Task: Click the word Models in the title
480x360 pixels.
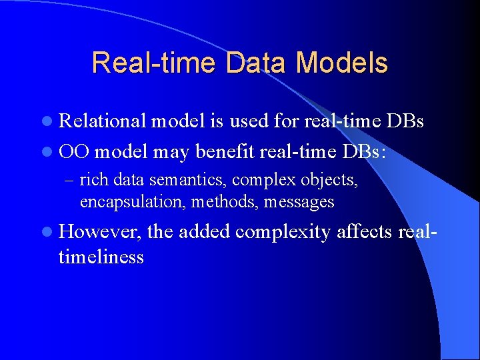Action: [x=342, y=63]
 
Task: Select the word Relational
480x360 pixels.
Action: [x=103, y=121]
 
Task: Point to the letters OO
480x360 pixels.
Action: [x=74, y=151]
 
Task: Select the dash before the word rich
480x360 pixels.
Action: [x=71, y=181]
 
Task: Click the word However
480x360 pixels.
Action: [x=100, y=232]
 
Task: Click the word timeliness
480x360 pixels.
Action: [x=101, y=257]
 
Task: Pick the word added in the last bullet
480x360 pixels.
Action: [x=204, y=231]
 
